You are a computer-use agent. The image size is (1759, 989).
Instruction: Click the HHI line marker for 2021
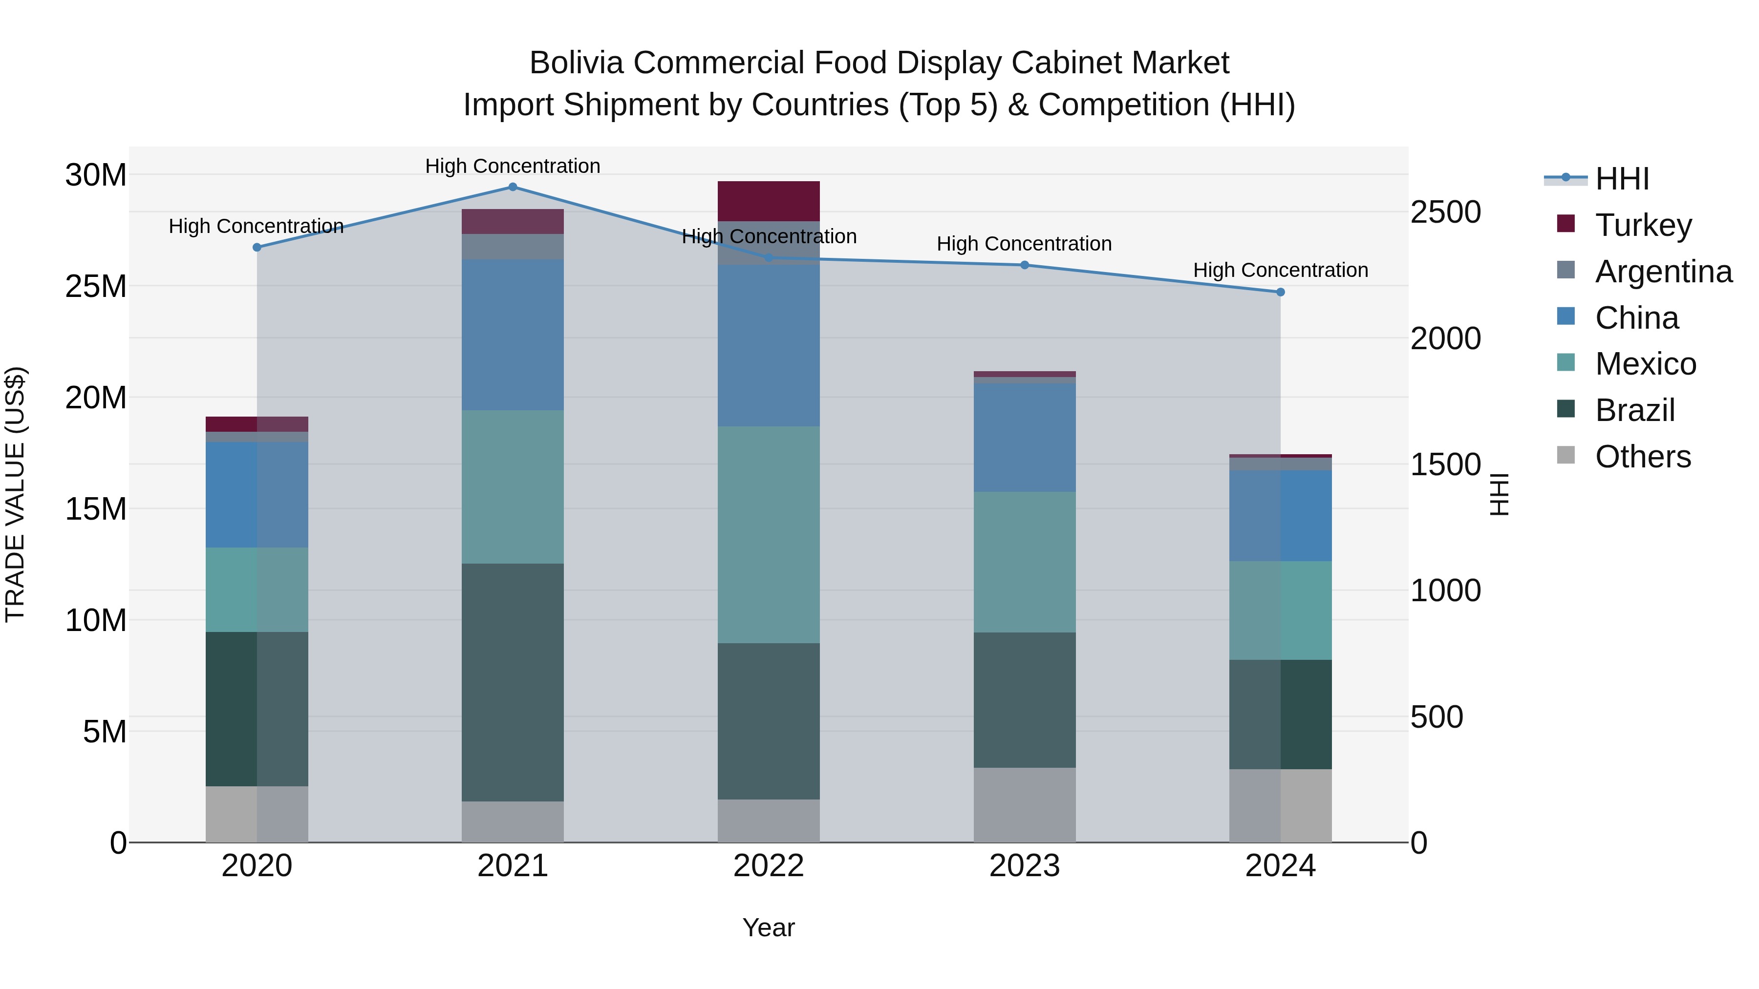coord(513,187)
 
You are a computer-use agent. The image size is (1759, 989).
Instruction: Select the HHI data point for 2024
coord(1280,292)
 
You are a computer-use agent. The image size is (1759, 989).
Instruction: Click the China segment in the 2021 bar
coord(513,335)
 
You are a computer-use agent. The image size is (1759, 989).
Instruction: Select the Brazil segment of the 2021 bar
coord(513,683)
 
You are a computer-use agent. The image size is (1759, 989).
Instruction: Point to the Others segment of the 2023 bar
coord(1024,805)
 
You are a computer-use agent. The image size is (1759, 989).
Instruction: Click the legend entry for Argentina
coord(1663,272)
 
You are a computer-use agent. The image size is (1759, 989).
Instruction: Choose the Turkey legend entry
coord(1643,225)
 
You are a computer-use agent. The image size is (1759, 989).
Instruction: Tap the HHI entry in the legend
coord(1622,179)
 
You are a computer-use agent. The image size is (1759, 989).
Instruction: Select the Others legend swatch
coord(1566,455)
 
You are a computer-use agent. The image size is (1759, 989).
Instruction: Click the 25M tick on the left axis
coord(96,287)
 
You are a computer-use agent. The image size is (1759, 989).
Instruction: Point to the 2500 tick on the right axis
coord(1446,212)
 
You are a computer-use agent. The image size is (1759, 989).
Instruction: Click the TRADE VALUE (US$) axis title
coord(15,494)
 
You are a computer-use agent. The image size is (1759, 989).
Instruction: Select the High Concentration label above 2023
coord(1024,244)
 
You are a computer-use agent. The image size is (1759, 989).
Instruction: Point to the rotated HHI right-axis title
coord(1500,494)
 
